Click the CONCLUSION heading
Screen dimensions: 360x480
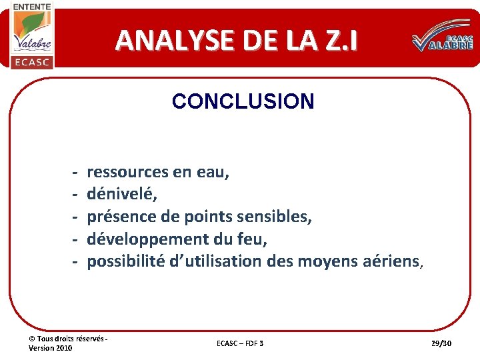pos(243,101)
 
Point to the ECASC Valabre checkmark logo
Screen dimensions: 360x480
pos(442,41)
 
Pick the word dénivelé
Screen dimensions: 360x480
pos(120,195)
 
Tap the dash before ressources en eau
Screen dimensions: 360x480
pos(75,172)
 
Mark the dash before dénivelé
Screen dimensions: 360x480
pos(75,195)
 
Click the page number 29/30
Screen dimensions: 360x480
pos(441,343)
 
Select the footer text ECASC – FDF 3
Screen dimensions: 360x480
pos(240,343)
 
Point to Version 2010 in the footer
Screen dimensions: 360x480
pos(51,348)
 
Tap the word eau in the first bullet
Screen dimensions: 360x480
pos(213,172)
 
